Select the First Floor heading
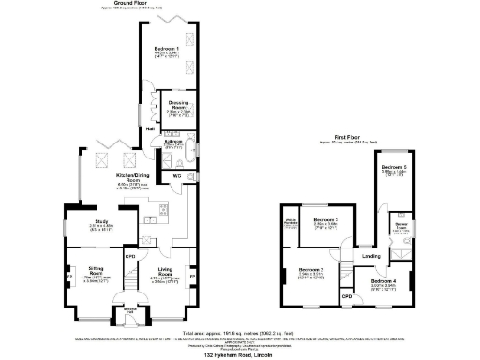pyautogui.click(x=348, y=137)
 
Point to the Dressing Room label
pyautogui.click(x=176, y=106)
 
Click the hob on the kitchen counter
pyautogui.click(x=163, y=207)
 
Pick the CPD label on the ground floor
pyautogui.click(x=131, y=256)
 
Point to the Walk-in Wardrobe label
pyautogui.click(x=290, y=223)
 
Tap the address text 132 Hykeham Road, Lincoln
pyautogui.click(x=240, y=356)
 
